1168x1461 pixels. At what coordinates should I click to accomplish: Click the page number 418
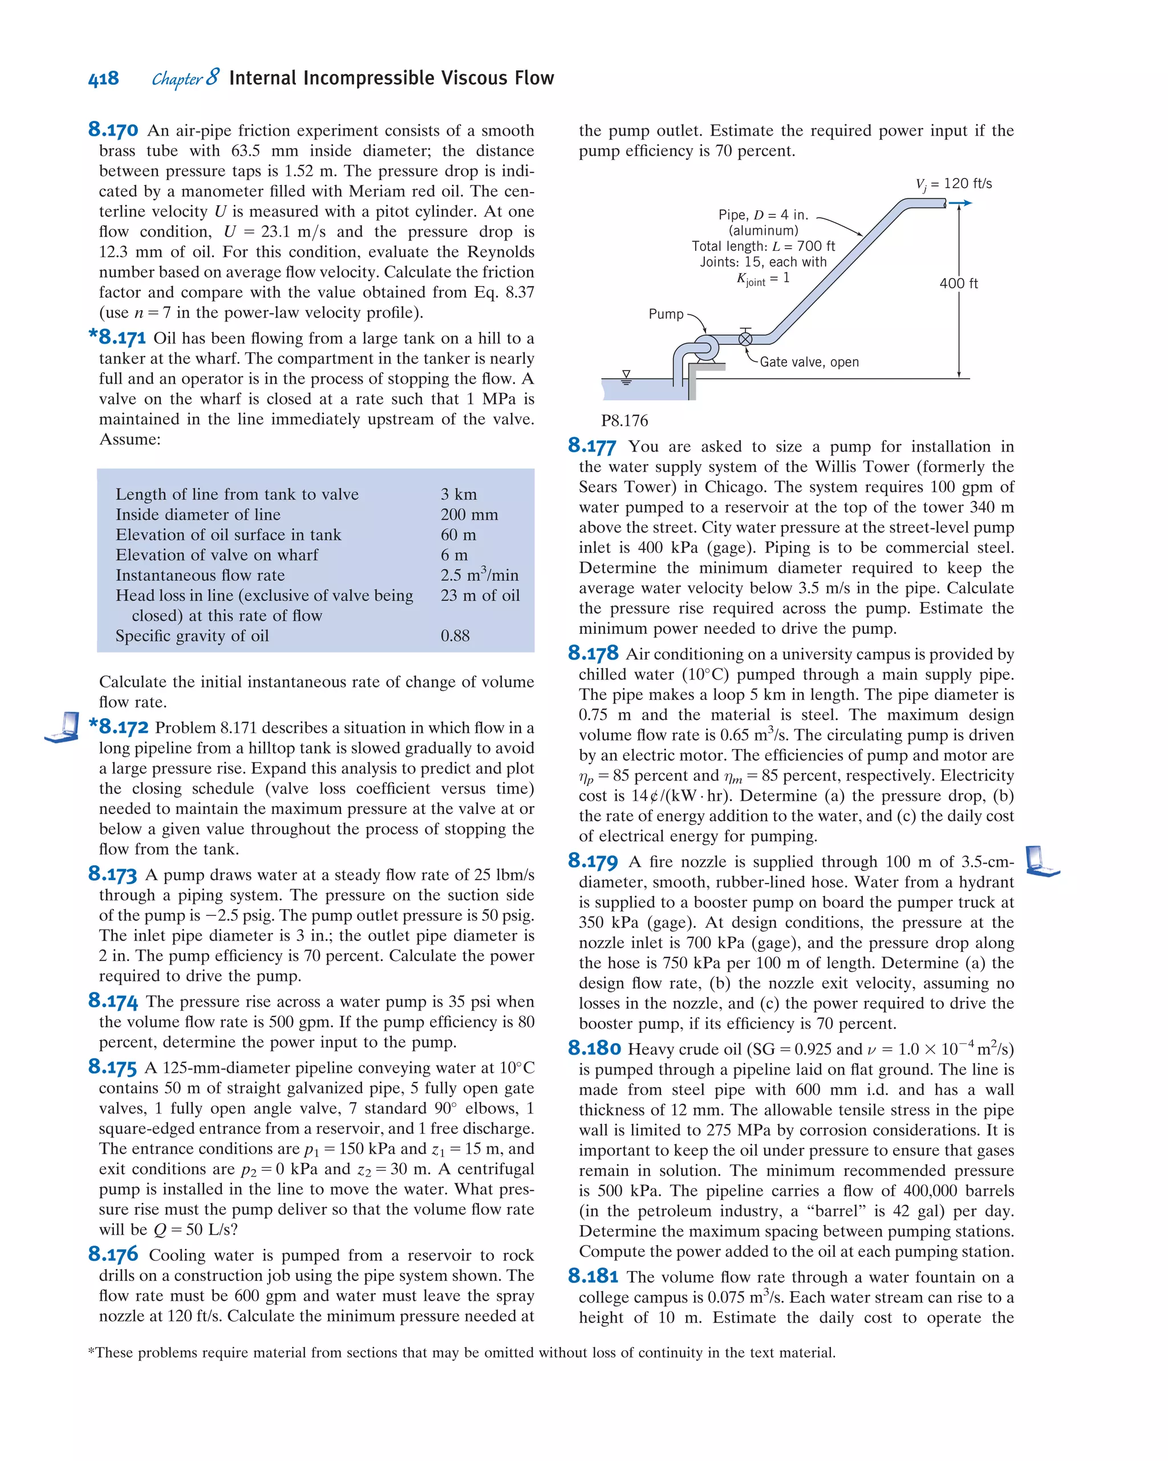pyautogui.click(x=103, y=79)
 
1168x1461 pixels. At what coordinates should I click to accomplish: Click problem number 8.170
pyautogui.click(x=113, y=129)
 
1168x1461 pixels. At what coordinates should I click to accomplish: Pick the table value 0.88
pyautogui.click(x=455, y=636)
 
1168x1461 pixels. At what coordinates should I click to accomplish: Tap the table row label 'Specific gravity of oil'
pyautogui.click(x=192, y=636)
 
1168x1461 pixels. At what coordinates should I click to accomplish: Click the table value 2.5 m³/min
pyautogui.click(x=478, y=575)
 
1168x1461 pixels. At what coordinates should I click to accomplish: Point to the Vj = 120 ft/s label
pyautogui.click(x=953, y=184)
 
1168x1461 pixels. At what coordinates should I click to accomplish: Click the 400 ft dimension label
pyautogui.click(x=958, y=283)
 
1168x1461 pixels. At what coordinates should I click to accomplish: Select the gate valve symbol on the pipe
pyautogui.click(x=745, y=337)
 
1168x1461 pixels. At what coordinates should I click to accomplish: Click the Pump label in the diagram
pyautogui.click(x=666, y=314)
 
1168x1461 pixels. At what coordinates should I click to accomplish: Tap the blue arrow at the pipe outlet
pyautogui.click(x=960, y=202)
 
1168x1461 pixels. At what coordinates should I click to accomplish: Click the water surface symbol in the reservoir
pyautogui.click(x=626, y=377)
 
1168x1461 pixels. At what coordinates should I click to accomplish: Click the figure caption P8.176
pyautogui.click(x=624, y=421)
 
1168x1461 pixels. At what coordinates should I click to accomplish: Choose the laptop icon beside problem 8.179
pyautogui.click(x=1041, y=861)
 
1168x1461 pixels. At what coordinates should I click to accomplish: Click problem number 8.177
pyautogui.click(x=592, y=446)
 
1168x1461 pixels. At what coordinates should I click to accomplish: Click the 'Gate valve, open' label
pyautogui.click(x=809, y=362)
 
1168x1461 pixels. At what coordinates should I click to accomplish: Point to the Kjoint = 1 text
pyautogui.click(x=763, y=279)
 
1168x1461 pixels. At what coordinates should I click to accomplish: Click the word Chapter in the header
pyautogui.click(x=177, y=79)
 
